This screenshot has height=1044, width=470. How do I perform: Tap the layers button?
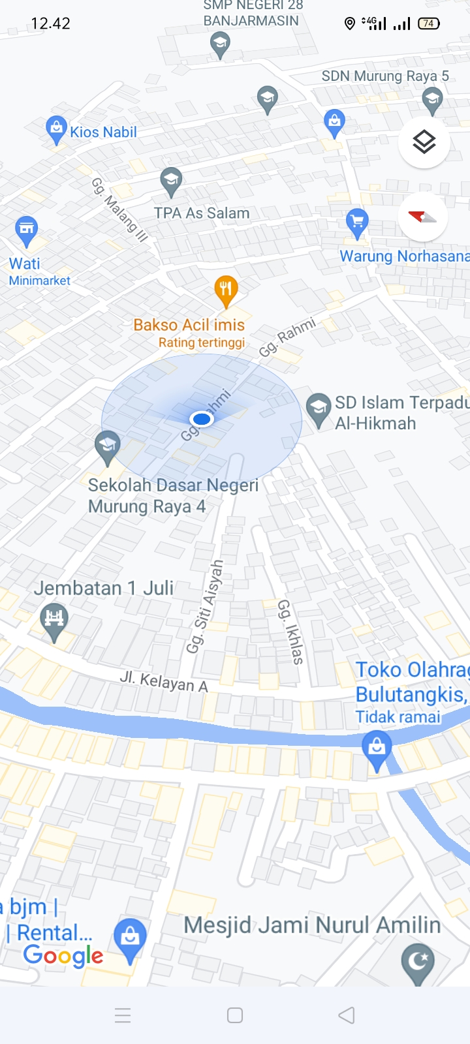click(424, 142)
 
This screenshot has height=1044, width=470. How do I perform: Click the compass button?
click(422, 217)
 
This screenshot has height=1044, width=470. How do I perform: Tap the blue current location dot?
click(202, 419)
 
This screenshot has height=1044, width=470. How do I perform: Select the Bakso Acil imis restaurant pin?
click(226, 290)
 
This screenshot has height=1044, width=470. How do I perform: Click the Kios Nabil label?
click(103, 132)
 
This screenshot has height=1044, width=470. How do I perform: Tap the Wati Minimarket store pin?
click(26, 230)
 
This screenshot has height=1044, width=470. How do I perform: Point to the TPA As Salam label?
click(202, 213)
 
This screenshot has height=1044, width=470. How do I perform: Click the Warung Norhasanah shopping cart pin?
click(356, 222)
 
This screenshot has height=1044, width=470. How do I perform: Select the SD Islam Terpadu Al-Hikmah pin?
click(318, 409)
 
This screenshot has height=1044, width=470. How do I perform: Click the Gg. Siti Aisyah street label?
click(205, 606)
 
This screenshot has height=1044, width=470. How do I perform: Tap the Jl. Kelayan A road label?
click(164, 681)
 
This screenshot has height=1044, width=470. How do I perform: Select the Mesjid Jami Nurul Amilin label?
click(312, 925)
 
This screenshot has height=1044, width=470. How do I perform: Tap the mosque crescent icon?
click(418, 962)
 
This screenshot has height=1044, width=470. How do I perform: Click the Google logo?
click(63, 956)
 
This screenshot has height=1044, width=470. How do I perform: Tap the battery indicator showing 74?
click(429, 23)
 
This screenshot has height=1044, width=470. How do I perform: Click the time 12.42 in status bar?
click(50, 23)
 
